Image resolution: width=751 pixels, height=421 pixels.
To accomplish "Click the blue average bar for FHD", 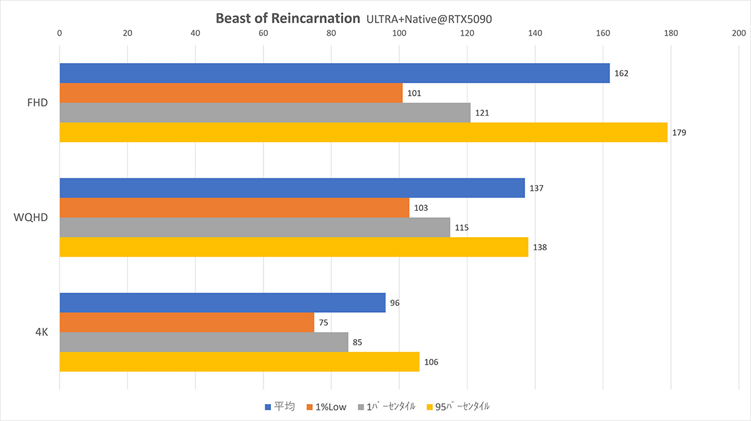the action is tap(335, 73).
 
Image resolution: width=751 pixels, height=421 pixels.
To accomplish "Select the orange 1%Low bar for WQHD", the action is tap(234, 208).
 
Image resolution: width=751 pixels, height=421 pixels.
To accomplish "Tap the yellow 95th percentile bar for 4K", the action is tap(239, 362).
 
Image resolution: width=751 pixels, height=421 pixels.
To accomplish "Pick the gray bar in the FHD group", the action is tap(265, 113).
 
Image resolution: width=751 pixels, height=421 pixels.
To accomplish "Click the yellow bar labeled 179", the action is tap(364, 133).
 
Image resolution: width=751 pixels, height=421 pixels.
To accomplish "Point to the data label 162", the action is tap(621, 73).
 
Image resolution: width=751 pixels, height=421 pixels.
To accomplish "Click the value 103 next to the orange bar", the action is tap(421, 208).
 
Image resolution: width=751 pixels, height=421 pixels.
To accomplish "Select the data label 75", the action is tap(324, 322).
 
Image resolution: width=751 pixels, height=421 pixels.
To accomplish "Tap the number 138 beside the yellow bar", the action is tap(539, 247).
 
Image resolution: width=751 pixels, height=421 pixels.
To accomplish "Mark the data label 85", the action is tap(357, 342).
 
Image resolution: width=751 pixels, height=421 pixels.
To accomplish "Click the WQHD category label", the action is tap(31, 218).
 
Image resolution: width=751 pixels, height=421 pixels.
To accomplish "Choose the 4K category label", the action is tap(42, 332).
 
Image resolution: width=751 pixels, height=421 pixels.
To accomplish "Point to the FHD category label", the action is tap(37, 103).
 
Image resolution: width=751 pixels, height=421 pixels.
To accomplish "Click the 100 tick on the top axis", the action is tap(399, 33).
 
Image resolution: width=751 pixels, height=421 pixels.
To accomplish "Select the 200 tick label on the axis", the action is tap(739, 33).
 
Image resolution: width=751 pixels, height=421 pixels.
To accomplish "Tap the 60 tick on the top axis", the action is tap(263, 33).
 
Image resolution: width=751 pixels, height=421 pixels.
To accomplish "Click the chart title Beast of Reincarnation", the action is tap(288, 18).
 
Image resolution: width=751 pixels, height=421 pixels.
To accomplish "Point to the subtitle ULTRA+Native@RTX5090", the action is tap(429, 19).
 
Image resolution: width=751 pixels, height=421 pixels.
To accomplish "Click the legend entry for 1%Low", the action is tap(326, 407).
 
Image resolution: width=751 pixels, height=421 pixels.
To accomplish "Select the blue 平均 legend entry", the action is tap(280, 407).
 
